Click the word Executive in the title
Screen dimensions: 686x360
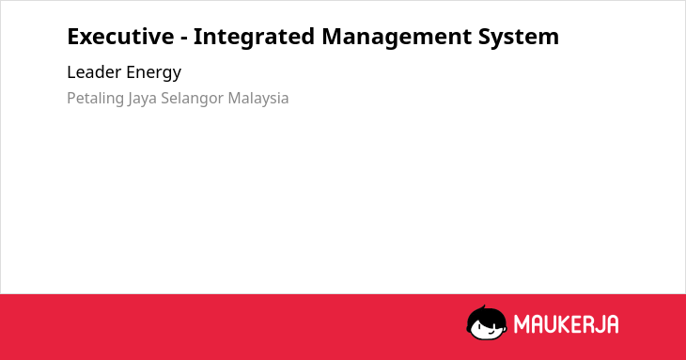120,37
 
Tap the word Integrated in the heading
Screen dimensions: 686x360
254,38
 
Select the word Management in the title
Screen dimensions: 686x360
397,38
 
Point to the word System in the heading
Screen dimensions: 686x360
519,38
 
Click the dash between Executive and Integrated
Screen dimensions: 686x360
184,39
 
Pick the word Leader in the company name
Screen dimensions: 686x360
94,72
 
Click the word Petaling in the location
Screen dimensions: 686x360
95,99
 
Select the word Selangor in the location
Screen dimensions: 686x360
192,99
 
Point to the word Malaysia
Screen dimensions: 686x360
258,99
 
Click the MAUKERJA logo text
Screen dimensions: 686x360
566,324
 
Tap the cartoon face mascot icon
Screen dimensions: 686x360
487,322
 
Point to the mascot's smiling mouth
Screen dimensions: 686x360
491,333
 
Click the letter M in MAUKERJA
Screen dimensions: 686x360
522,324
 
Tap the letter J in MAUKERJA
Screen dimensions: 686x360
598,324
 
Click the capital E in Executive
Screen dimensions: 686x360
73,37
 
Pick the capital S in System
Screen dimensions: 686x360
484,37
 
